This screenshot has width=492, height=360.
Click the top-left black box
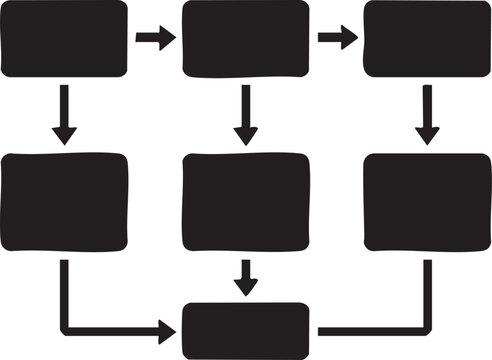point(65,38)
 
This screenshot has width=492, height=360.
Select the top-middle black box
point(246,38)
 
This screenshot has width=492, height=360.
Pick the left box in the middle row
point(65,200)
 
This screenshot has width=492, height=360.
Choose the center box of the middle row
point(246,200)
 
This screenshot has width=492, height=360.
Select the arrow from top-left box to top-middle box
point(155,39)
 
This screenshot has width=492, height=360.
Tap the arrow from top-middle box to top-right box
point(337,39)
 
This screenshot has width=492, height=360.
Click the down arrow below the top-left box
point(65,114)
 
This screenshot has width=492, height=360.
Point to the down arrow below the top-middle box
point(246,114)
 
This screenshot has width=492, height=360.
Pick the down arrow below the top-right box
point(428,114)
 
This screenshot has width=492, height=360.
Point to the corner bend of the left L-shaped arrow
point(65,328)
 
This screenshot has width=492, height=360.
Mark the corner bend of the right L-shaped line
point(428,328)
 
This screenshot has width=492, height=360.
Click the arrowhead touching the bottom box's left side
point(169,328)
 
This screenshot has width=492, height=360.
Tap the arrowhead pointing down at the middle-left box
point(65,136)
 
